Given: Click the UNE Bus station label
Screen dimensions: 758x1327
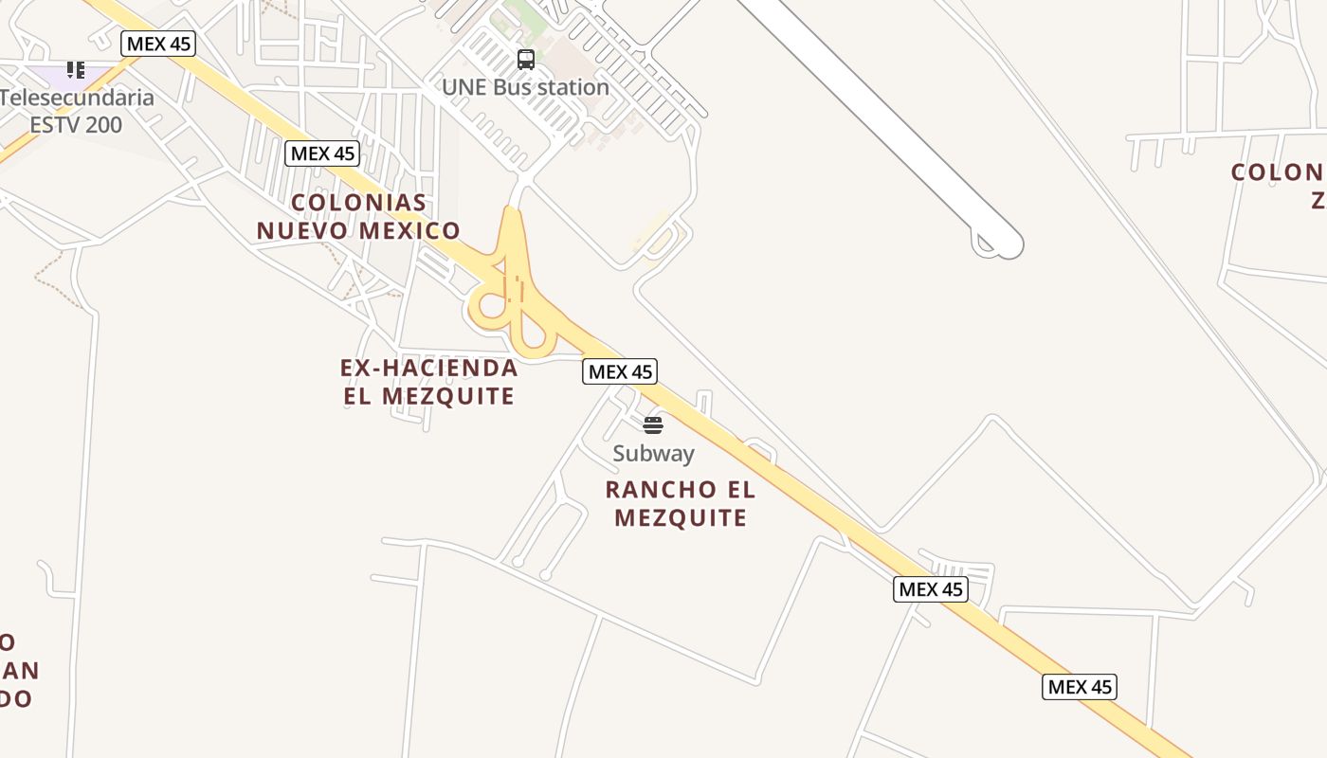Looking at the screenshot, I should pos(525,87).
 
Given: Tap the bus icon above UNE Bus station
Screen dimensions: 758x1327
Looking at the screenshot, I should pos(526,60).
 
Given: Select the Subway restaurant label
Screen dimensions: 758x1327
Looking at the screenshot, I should pos(653,454).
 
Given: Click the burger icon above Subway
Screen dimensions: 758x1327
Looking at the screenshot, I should pos(653,424).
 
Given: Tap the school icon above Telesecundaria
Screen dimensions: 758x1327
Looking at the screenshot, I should pos(76,69).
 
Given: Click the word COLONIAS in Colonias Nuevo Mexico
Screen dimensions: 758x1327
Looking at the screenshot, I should pos(358,203).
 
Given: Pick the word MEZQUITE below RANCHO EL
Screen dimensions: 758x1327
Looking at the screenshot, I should pos(681,517).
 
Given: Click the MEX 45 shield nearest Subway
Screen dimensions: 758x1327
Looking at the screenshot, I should pos(620,371).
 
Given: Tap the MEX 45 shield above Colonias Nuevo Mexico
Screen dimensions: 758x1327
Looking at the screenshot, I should pos(322,153).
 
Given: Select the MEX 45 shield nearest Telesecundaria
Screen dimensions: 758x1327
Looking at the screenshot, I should pos(158,44).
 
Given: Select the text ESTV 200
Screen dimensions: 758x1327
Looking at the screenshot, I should pos(76,124).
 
